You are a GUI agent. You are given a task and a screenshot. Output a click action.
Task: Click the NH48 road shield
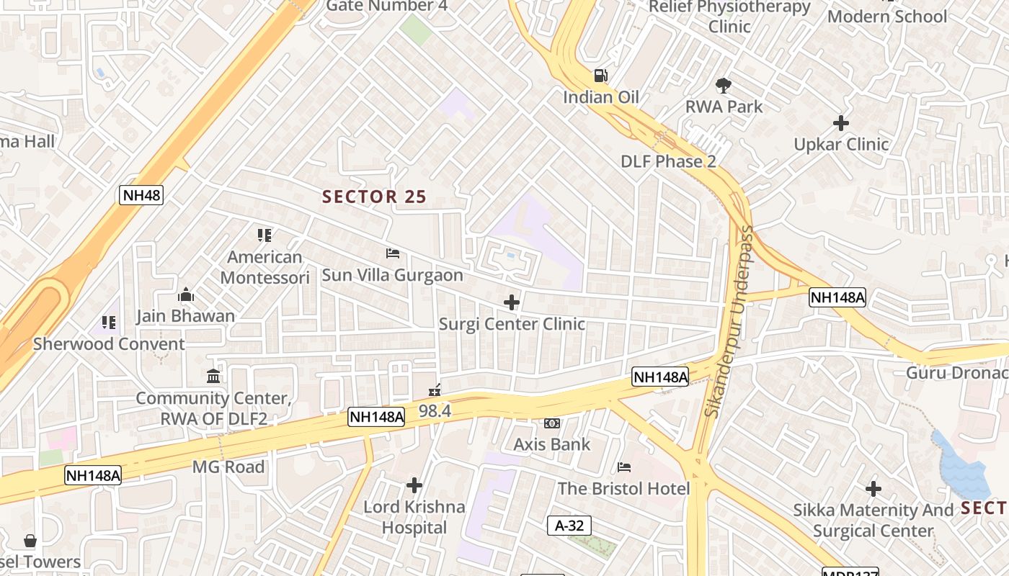(x=141, y=194)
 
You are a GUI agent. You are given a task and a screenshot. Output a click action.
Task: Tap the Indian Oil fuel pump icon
(x=600, y=75)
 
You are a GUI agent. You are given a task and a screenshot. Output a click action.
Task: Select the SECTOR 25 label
(x=374, y=197)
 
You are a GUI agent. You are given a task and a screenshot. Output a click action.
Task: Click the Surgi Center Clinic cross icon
(x=512, y=302)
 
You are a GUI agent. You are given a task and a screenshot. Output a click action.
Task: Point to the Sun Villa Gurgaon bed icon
(x=393, y=253)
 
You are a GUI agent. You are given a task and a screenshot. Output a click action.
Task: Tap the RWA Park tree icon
(x=724, y=86)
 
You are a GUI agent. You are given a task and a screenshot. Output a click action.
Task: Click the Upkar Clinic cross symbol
(x=841, y=123)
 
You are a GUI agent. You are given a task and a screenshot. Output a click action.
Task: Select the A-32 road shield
(x=569, y=526)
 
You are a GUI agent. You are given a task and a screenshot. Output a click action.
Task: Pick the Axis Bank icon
(x=552, y=423)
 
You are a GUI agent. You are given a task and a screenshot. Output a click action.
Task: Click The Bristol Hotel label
(x=623, y=488)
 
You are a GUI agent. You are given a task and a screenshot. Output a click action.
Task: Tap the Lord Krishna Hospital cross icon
(x=414, y=485)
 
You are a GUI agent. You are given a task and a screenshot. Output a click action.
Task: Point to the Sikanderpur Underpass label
(x=730, y=321)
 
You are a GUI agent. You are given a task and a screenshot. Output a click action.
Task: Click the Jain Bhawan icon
(x=186, y=294)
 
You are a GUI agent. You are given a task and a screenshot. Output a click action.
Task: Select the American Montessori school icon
(x=265, y=235)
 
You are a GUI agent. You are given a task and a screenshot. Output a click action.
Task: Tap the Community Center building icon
(x=213, y=377)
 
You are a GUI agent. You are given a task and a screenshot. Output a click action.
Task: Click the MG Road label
(x=228, y=467)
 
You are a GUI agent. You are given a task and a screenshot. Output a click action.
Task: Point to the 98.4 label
(x=435, y=411)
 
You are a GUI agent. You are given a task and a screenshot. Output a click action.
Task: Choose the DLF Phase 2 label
(x=668, y=161)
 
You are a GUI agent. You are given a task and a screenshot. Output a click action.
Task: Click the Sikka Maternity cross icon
(x=874, y=490)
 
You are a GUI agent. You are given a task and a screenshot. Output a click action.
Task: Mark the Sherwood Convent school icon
(x=109, y=322)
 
